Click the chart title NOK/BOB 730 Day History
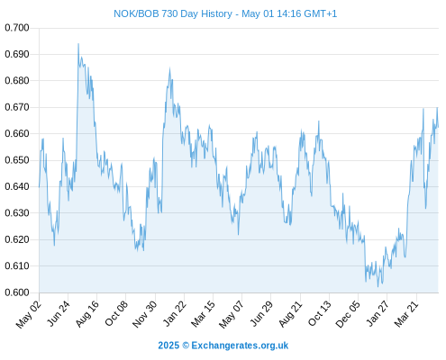(x=173, y=13)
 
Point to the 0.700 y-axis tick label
(x=17, y=28)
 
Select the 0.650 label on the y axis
(x=17, y=160)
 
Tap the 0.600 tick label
(x=17, y=292)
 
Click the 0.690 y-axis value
(x=17, y=54)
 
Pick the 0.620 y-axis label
(x=17, y=239)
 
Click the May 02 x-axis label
(x=29, y=314)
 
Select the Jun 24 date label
(x=59, y=313)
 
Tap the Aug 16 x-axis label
(x=87, y=314)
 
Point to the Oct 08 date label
(x=116, y=313)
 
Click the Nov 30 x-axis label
(x=145, y=314)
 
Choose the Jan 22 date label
(x=175, y=313)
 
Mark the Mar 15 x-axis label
(x=204, y=313)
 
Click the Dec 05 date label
(x=348, y=314)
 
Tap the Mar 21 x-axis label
(x=406, y=313)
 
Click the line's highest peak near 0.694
(x=78, y=44)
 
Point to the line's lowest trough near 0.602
(x=378, y=286)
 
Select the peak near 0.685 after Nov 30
(x=169, y=69)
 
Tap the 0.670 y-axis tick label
(x=17, y=107)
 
